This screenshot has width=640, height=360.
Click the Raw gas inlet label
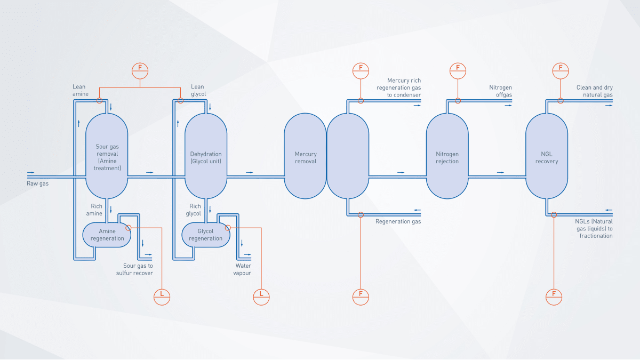38,183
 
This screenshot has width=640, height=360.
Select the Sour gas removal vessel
107,154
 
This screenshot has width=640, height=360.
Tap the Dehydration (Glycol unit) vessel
206,154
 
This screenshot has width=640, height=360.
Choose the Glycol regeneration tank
205,235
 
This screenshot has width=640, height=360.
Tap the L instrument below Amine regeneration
162,294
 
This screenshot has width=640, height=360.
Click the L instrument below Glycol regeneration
261,294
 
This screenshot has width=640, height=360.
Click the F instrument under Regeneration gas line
361,294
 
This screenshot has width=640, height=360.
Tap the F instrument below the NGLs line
554,294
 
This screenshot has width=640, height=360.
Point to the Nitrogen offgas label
501,91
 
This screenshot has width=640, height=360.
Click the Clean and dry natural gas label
594,91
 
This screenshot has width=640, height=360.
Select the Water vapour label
243,269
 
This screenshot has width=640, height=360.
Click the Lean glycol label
198,90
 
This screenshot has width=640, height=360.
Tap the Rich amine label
94,210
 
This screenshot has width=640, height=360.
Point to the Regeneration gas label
398,221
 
